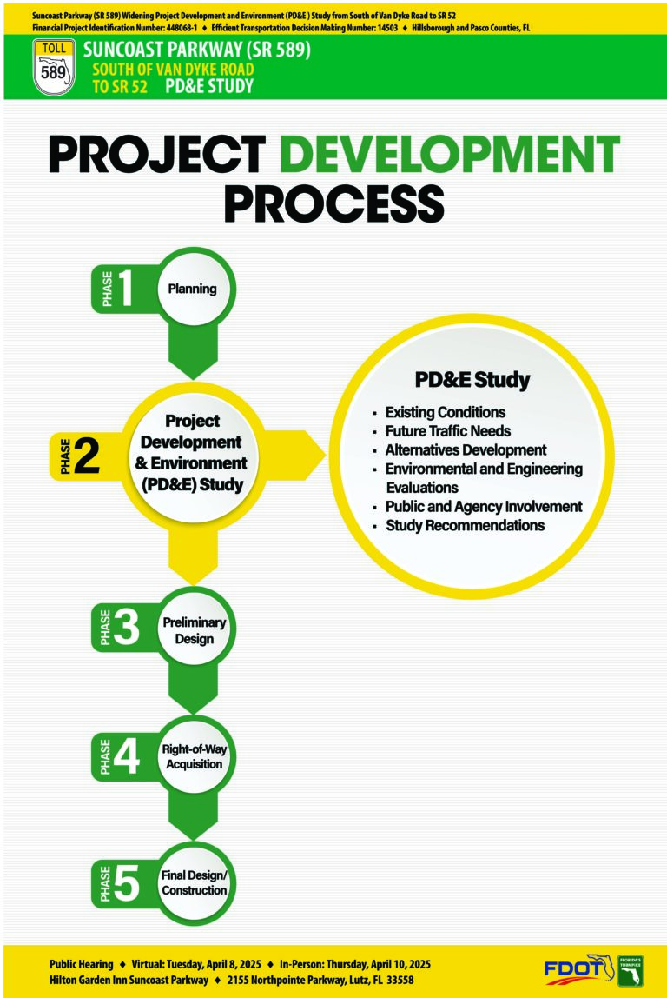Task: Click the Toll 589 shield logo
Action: click(54, 67)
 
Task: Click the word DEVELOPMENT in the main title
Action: click(449, 154)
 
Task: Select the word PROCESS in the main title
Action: click(333, 203)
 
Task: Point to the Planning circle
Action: click(193, 289)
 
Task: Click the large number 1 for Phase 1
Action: click(125, 288)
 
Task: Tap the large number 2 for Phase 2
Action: click(87, 456)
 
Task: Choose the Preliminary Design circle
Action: click(194, 629)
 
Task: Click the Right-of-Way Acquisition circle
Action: click(194, 756)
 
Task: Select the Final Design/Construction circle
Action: click(194, 882)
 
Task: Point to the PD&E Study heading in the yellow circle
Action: click(472, 380)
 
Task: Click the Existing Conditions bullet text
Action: click(445, 412)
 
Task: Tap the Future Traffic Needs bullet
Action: click(447, 431)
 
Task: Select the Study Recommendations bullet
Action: click(465, 525)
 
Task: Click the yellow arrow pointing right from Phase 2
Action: click(294, 455)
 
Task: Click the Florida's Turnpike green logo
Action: click(631, 971)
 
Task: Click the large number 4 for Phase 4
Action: click(126, 756)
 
